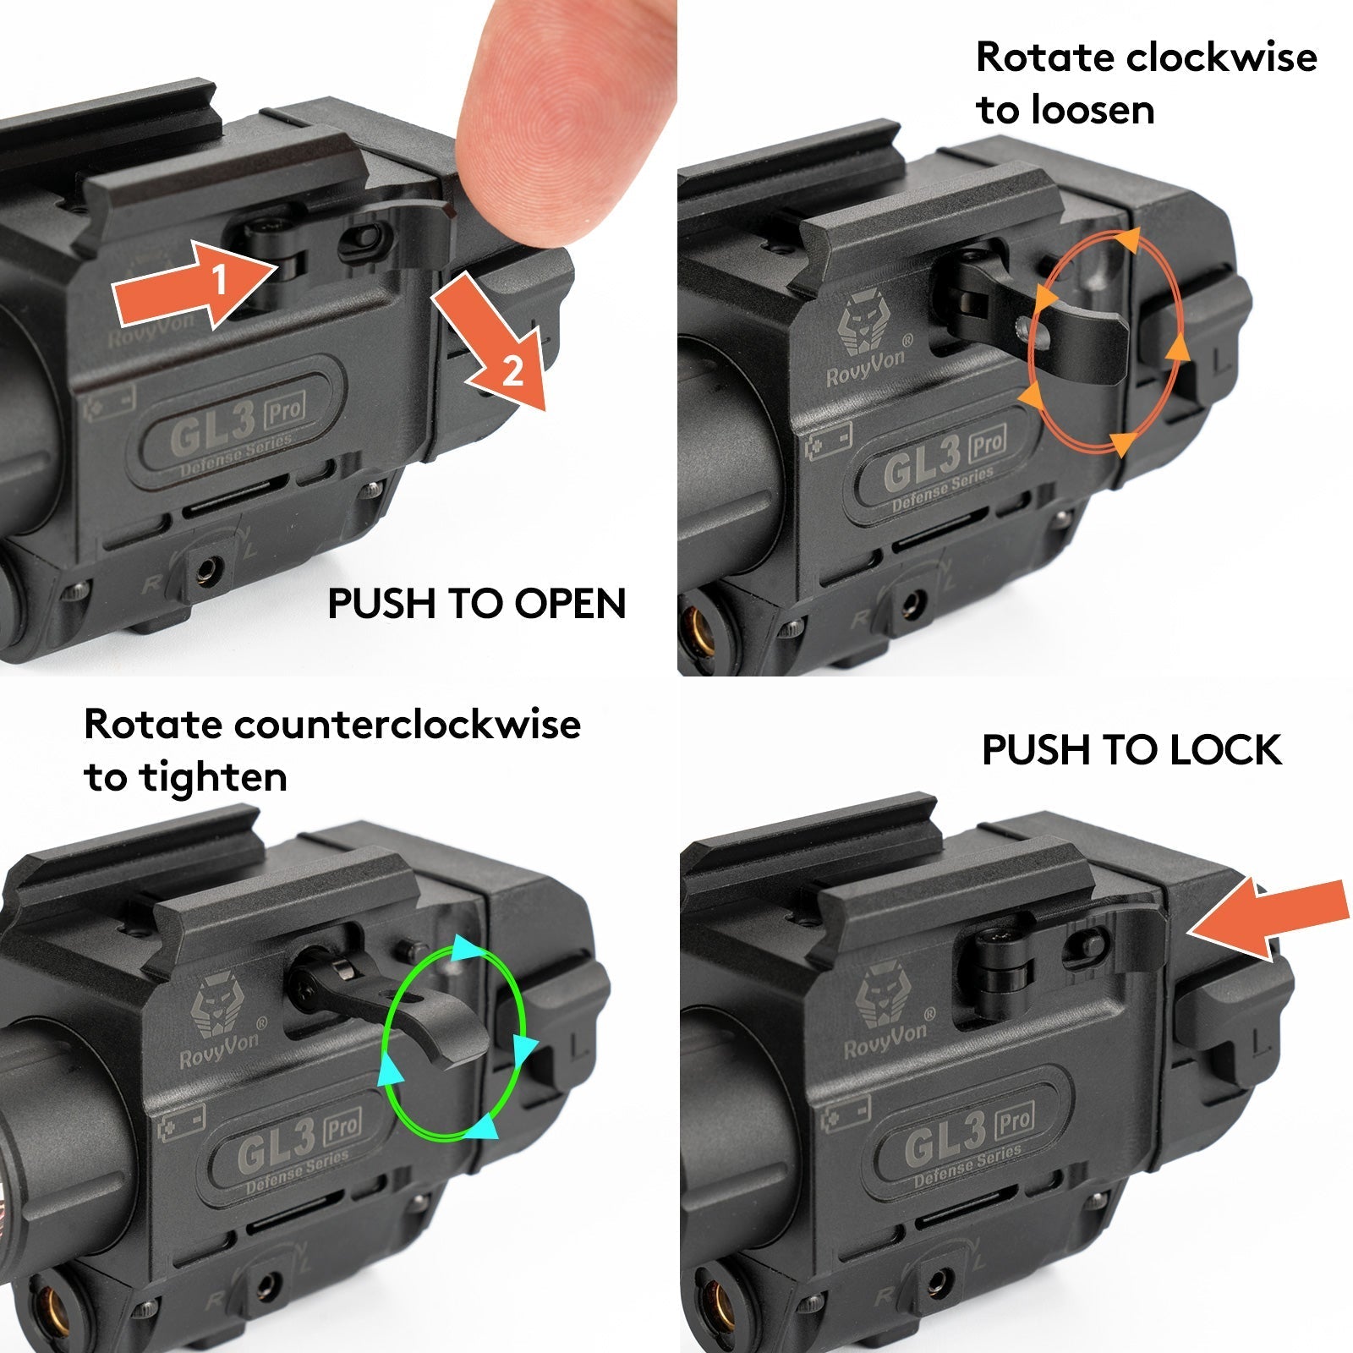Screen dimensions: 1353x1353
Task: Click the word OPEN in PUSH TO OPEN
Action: tap(571, 604)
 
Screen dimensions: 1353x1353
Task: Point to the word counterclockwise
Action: tap(408, 725)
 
